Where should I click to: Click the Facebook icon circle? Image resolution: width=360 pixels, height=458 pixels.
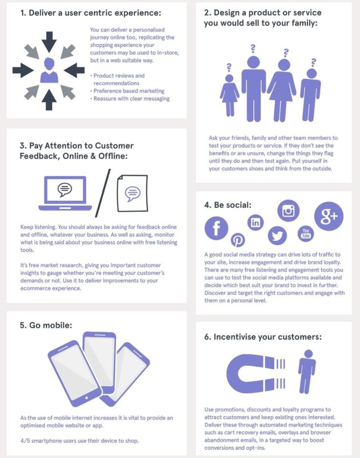tap(216, 228)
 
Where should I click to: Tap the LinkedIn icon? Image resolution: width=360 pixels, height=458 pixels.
tap(255, 222)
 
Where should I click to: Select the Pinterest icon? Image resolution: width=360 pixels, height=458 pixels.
tap(238, 240)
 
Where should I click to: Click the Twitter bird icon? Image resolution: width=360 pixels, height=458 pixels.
tap(277, 236)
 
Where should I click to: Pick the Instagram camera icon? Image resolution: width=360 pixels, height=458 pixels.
tap(288, 210)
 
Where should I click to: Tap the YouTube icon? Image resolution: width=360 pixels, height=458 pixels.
tap(306, 233)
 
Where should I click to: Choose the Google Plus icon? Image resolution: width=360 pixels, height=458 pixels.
tap(329, 216)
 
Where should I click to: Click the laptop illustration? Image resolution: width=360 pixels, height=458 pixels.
tap(65, 193)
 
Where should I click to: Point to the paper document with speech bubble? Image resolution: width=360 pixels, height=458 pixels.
tap(132, 193)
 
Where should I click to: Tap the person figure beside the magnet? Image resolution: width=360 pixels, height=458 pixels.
tap(307, 372)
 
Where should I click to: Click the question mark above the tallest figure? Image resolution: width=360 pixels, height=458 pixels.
tap(253, 49)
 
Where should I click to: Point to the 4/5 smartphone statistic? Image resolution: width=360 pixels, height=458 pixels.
tap(80, 440)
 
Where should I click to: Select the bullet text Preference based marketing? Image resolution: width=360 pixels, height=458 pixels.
tap(129, 91)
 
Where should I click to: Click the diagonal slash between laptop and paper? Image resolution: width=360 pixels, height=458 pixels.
tap(103, 193)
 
